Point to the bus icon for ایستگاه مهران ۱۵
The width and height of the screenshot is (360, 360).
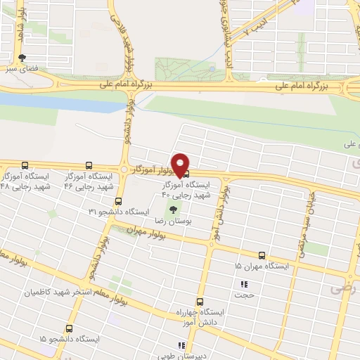click(262, 255)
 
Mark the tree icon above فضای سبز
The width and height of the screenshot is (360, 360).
click(23, 58)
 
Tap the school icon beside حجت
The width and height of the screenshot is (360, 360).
click(244, 285)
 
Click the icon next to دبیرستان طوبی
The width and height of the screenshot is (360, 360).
click(181, 345)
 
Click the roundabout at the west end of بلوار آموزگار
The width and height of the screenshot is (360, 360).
click(124, 170)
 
